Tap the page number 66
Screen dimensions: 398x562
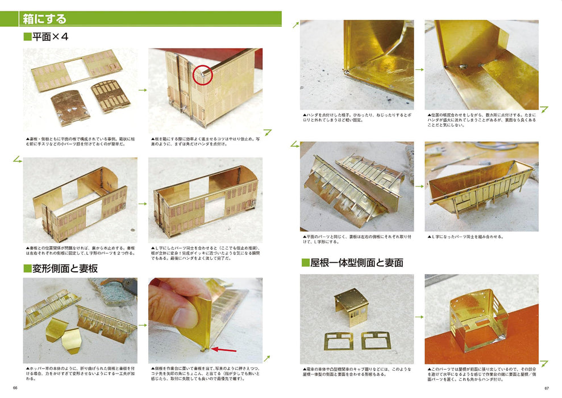coord(15,388)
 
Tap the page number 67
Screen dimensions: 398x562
coord(547,388)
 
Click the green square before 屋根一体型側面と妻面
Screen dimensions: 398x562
coord(305,263)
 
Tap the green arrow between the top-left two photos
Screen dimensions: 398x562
coord(142,90)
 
